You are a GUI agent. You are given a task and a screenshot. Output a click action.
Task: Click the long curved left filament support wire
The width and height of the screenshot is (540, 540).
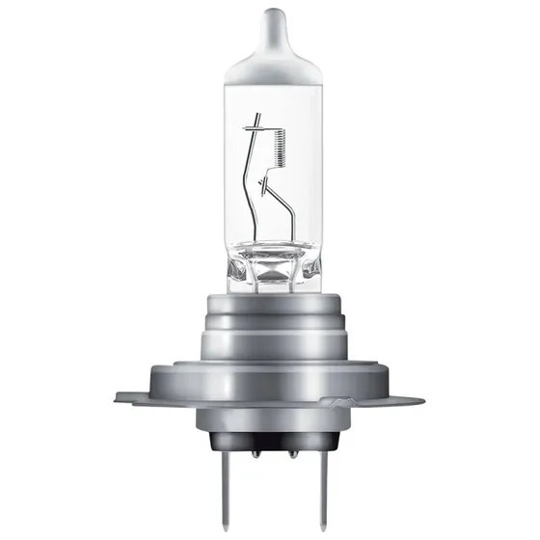(x=254, y=193)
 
